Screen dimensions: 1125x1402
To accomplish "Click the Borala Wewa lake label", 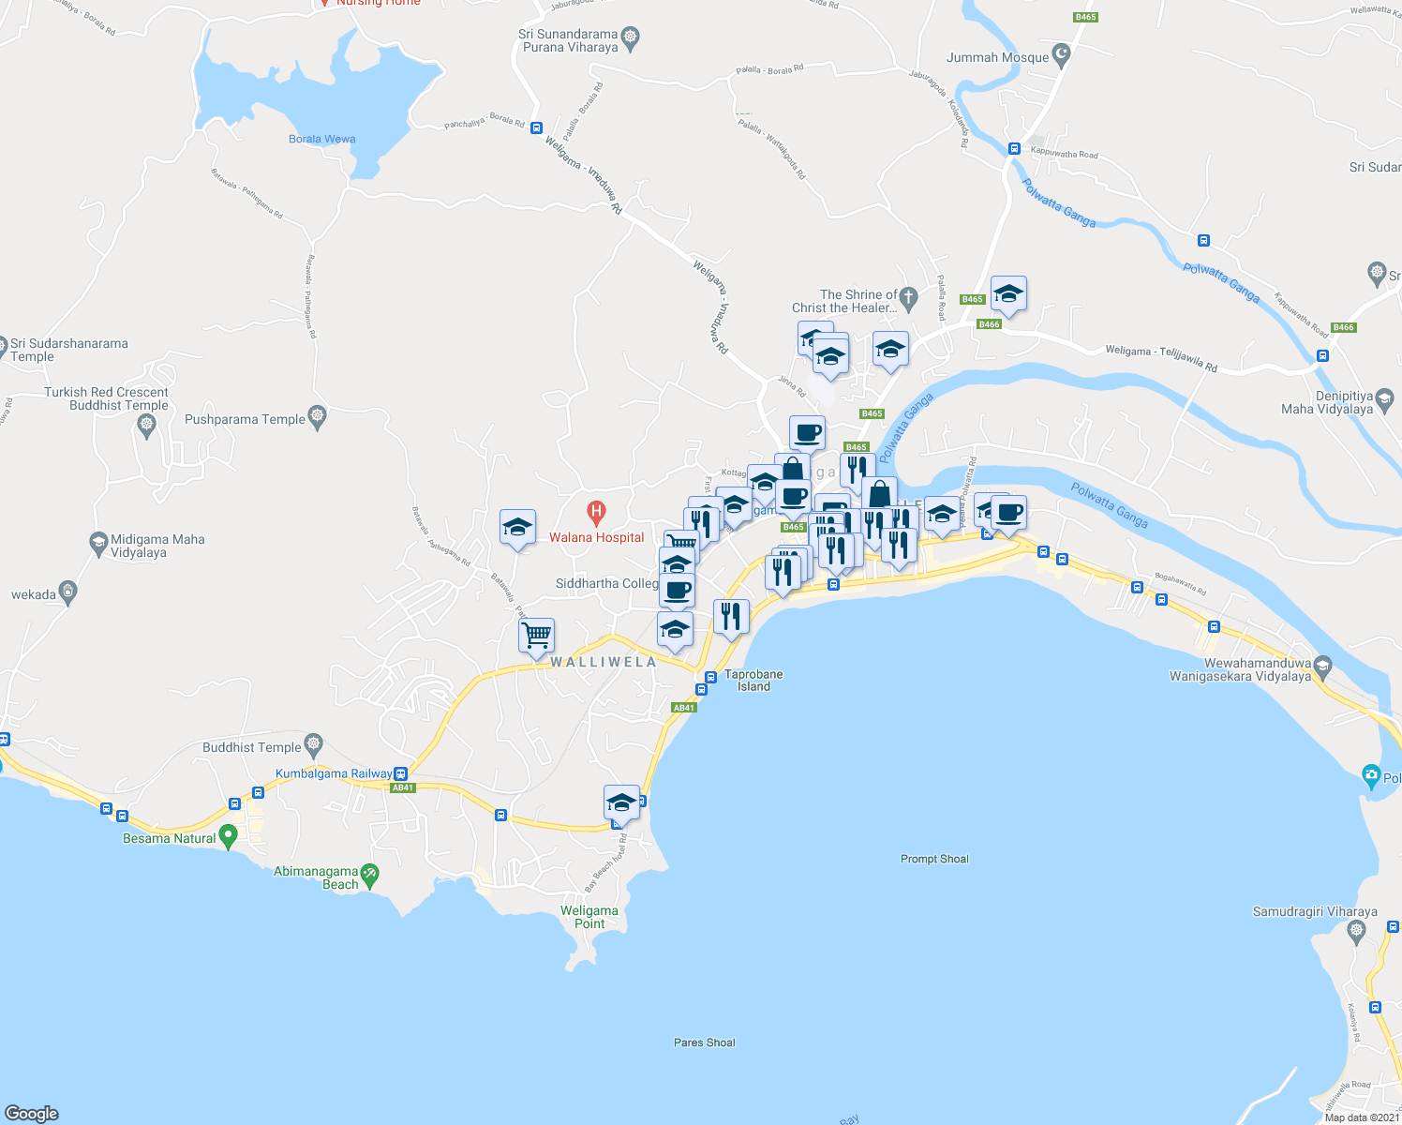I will [321, 139].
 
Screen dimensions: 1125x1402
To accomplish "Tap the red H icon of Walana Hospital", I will [595, 513].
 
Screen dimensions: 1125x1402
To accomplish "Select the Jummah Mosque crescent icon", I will [1062, 56].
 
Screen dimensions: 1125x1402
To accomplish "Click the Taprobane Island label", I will [753, 680].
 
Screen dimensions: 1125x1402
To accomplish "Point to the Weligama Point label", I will [589, 917].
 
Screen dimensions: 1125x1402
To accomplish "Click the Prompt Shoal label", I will [934, 859].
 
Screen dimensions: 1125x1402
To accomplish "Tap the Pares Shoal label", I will [704, 1042].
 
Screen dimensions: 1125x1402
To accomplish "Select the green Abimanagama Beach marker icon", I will [370, 876].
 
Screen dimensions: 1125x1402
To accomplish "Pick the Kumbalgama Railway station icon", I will [401, 773].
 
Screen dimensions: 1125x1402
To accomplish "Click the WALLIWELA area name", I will [604, 662].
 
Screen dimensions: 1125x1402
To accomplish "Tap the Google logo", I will [32, 1113].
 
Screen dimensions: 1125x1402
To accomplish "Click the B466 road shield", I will [989, 324].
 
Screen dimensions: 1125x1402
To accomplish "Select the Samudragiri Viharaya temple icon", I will [1356, 931].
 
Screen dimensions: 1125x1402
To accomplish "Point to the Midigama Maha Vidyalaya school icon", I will [98, 542].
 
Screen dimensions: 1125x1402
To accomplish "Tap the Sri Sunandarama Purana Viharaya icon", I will [631, 37].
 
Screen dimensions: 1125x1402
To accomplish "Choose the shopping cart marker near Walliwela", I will [536, 635].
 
